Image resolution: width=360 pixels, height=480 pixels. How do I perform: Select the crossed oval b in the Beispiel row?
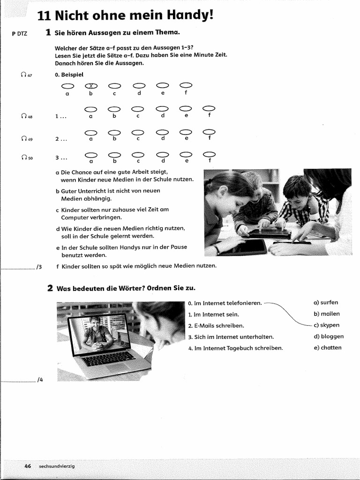[x=91, y=85]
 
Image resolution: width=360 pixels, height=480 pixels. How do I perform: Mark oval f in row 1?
[x=209, y=109]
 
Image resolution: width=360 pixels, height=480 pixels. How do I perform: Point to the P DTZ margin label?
[x=19, y=34]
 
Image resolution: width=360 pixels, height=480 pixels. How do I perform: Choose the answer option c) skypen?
[x=327, y=325]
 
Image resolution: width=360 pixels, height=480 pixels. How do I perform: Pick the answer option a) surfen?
[x=326, y=302]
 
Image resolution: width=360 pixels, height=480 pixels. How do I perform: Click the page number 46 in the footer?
[x=28, y=466]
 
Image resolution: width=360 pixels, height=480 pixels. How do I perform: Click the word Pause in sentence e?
[x=178, y=247]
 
